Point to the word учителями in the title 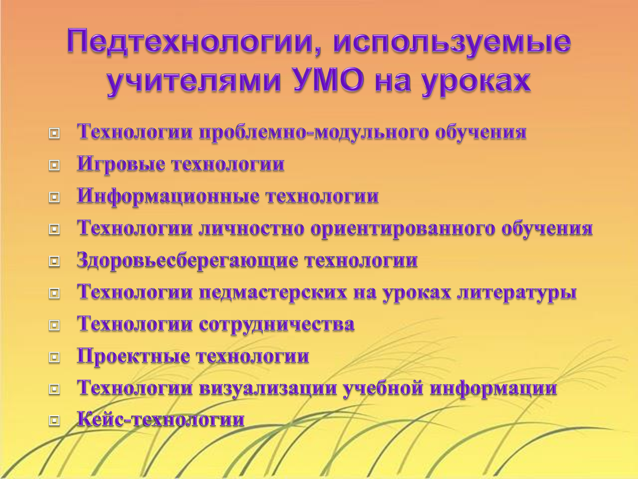(x=194, y=81)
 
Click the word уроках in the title (x=476, y=82)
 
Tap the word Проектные (x=134, y=356)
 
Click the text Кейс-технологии (x=161, y=419)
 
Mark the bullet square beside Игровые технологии (x=54, y=165)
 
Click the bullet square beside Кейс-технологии (x=54, y=421)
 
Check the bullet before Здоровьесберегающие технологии (x=54, y=262)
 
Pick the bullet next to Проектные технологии (x=54, y=357)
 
